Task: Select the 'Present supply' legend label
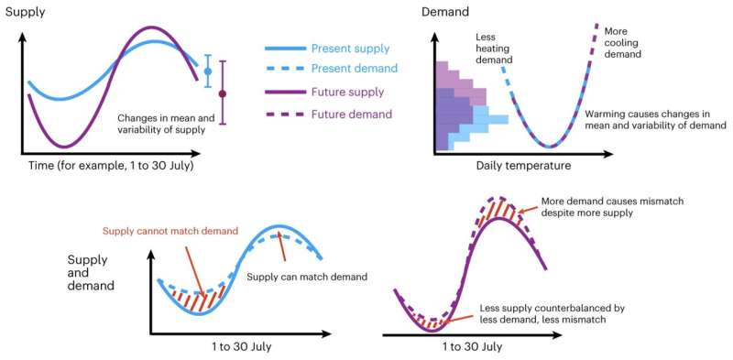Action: click(x=350, y=49)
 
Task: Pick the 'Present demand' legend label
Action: click(x=353, y=71)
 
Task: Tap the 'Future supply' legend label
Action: click(x=347, y=93)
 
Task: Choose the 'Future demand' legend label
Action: click(x=351, y=115)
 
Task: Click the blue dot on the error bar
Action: click(x=207, y=71)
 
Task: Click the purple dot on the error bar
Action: click(x=222, y=93)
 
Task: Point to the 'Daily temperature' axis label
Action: click(x=523, y=166)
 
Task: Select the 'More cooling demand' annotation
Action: click(x=622, y=42)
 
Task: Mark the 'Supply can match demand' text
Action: click(x=307, y=277)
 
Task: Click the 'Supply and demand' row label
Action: click(x=91, y=272)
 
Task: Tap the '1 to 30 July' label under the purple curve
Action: click(x=472, y=347)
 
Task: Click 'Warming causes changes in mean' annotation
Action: click(x=653, y=119)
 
